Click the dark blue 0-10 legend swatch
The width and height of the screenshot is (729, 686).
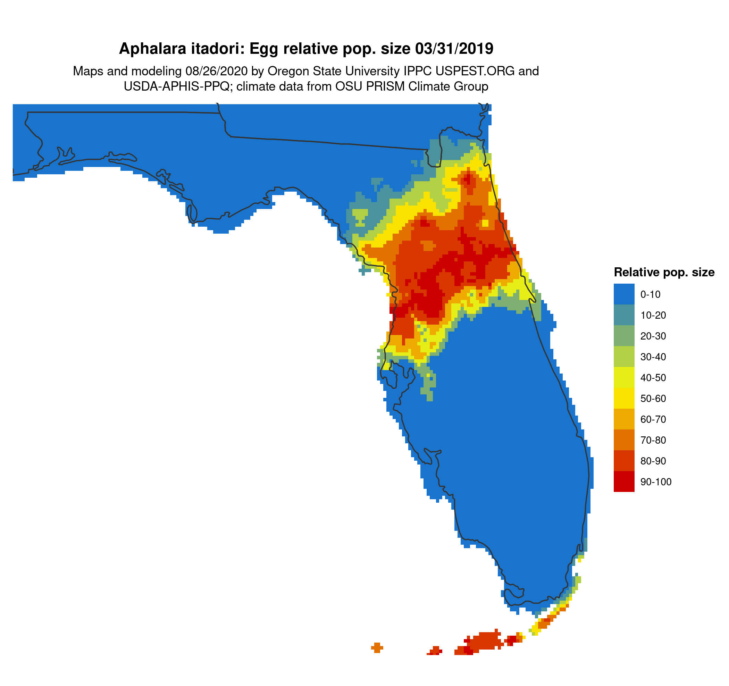point(624,294)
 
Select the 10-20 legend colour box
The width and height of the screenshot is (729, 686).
point(624,315)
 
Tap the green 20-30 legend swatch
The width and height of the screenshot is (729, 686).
point(624,336)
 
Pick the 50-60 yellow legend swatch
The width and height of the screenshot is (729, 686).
point(624,399)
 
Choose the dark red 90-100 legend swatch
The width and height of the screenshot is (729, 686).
point(624,482)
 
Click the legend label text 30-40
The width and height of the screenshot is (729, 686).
point(653,357)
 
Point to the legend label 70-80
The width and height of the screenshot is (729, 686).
point(653,440)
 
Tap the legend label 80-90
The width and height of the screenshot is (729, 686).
point(653,461)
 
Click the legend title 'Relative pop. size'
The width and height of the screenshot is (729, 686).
point(664,272)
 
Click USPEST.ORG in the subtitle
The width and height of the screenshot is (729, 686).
point(475,71)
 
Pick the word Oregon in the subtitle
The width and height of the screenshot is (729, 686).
point(285,71)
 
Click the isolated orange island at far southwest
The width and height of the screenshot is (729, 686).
point(377,648)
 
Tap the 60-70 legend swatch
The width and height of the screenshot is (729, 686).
point(624,419)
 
